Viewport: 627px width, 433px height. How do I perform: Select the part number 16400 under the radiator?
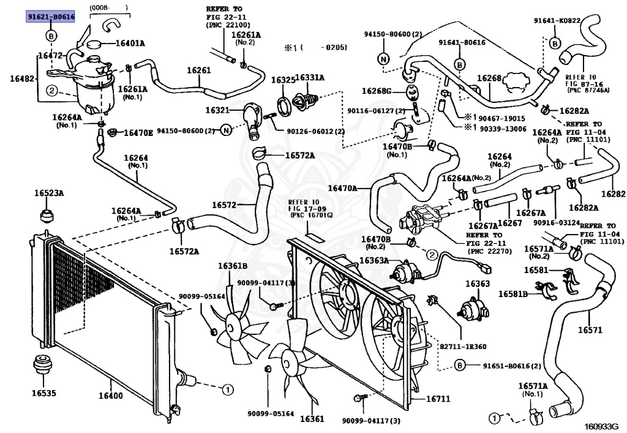[x=110, y=395]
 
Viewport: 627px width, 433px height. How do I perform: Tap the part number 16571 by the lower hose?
[x=590, y=330]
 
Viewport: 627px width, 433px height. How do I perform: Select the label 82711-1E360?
[x=460, y=346]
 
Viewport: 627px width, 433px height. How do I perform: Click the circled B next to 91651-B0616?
[x=459, y=366]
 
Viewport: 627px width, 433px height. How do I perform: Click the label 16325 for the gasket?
[x=283, y=80]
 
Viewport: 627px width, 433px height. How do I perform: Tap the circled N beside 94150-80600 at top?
[x=383, y=59]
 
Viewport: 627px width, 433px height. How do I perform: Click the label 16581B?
[x=512, y=294]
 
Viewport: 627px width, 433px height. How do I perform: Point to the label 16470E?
[x=138, y=132]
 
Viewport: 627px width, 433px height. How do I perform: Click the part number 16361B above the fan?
[x=233, y=266]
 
